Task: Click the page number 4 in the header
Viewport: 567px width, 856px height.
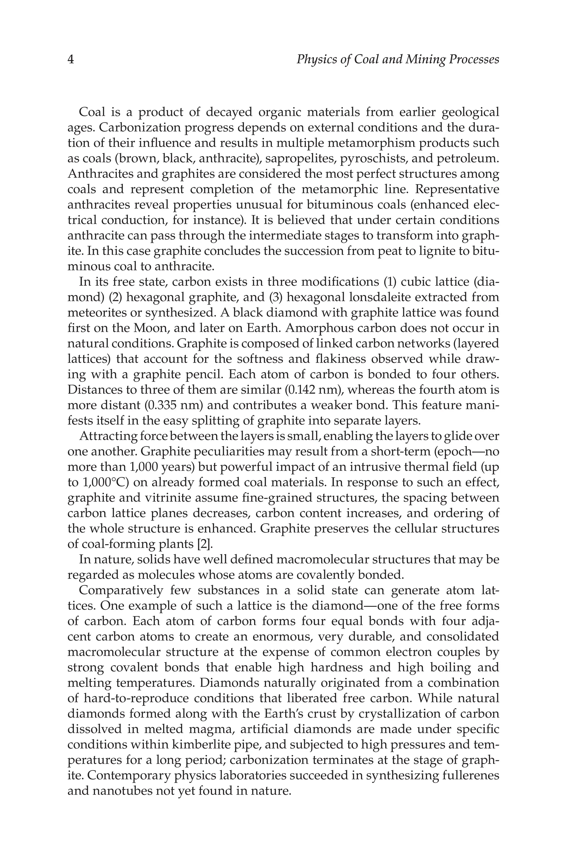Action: [x=71, y=59]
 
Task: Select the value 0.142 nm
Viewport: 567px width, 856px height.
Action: [x=313, y=390]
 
